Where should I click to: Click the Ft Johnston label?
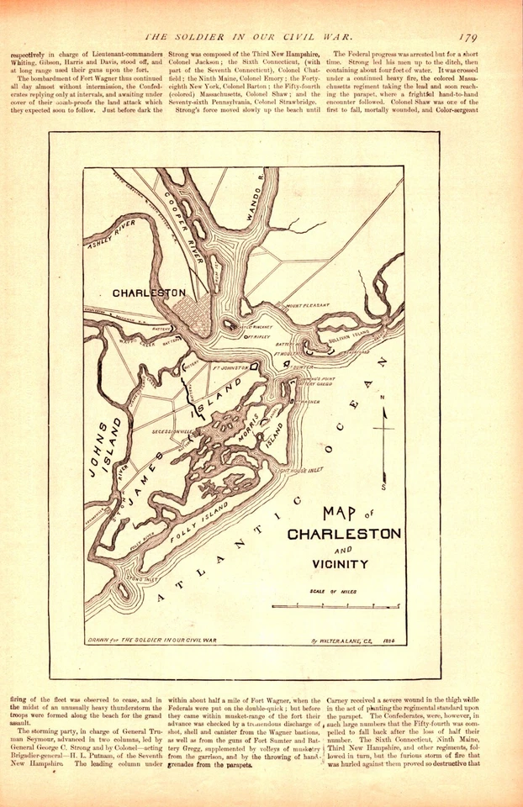(232, 367)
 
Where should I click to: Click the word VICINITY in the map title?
(341, 563)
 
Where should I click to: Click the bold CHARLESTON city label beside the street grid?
(149, 293)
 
